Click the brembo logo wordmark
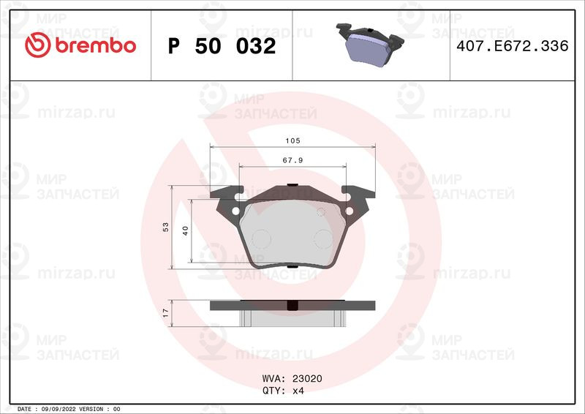point(96,45)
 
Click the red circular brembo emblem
point(38,45)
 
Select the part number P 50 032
point(222,46)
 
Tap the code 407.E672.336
point(513,46)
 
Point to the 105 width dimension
point(292,140)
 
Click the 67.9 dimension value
point(292,160)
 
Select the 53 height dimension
point(166,227)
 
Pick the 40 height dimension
point(186,230)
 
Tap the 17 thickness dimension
point(166,313)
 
